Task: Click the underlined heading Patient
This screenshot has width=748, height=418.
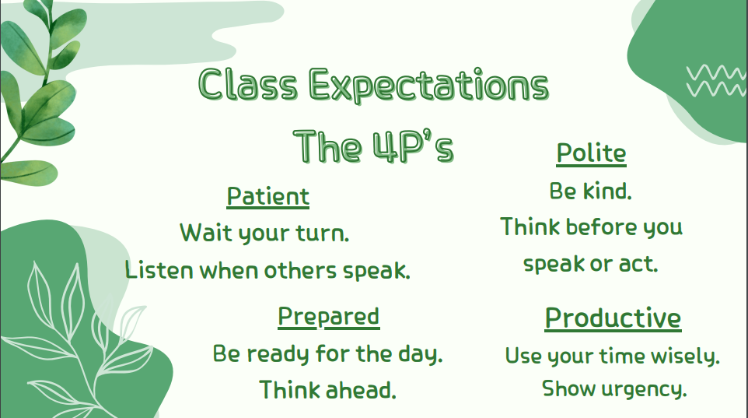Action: click(268, 196)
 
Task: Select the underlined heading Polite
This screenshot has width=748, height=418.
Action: click(591, 153)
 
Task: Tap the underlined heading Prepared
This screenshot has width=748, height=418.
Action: click(329, 317)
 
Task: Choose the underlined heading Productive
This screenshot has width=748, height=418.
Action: click(613, 318)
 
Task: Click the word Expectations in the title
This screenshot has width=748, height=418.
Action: click(429, 85)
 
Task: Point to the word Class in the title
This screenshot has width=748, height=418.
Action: click(248, 84)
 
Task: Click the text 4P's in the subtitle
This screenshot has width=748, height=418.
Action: click(413, 146)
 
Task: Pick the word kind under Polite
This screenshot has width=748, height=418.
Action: click(607, 191)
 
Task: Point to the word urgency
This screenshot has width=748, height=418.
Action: click(644, 389)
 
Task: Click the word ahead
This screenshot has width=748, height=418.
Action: click(361, 390)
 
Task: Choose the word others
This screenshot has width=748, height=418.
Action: click(300, 270)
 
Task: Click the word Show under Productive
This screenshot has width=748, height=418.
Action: click(568, 388)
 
